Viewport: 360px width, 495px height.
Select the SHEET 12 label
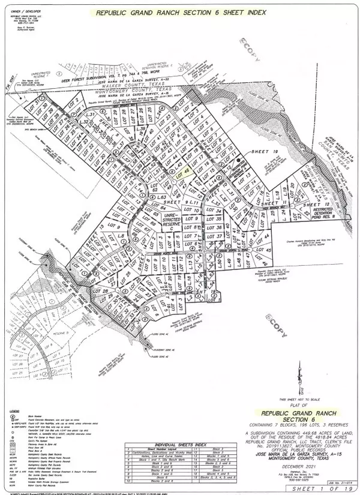point(316,205)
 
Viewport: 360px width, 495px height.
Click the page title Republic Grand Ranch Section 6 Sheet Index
point(179,12)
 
